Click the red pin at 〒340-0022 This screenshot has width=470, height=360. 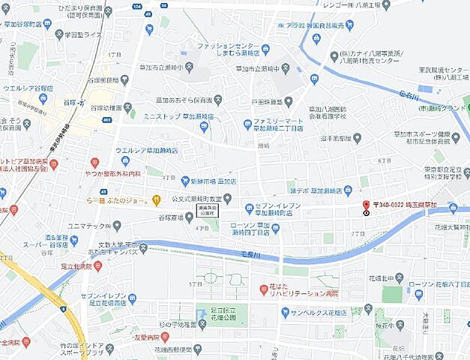(x=366, y=205)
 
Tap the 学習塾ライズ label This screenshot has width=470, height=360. (x=82, y=34)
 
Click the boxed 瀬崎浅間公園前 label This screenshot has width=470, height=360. (x=208, y=210)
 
